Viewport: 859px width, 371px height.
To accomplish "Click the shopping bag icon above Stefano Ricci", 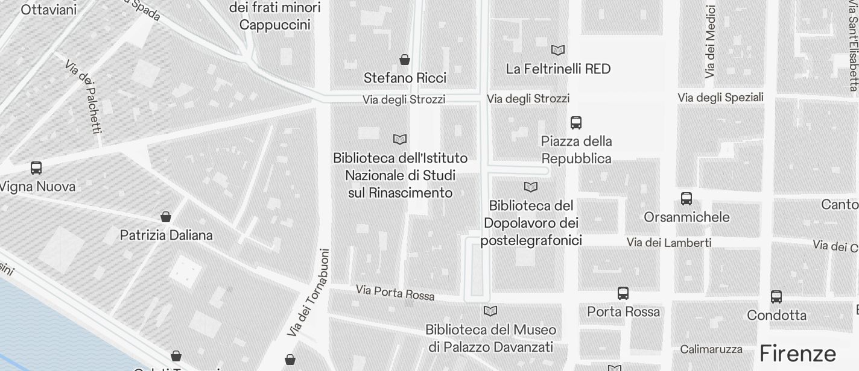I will click(x=405, y=60).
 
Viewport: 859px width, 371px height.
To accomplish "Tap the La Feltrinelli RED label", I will click(x=558, y=69).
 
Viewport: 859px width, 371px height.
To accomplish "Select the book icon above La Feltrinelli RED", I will click(x=558, y=50).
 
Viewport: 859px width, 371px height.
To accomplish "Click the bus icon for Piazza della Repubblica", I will click(x=576, y=123).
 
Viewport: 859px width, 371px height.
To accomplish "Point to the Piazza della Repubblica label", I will click(x=576, y=150).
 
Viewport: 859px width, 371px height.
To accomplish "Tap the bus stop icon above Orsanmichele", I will click(x=686, y=199).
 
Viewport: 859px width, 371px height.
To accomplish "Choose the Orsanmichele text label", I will click(x=686, y=217).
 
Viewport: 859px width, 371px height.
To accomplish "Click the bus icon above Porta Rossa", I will click(x=623, y=293).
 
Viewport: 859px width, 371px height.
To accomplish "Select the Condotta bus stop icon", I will click(x=776, y=297).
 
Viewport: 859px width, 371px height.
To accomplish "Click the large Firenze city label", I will click(x=797, y=353).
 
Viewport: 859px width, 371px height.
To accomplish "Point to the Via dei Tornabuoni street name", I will click(x=308, y=293).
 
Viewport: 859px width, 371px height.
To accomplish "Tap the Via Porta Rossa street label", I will click(x=395, y=292).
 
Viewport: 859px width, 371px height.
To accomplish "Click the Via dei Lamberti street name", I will click(x=668, y=243).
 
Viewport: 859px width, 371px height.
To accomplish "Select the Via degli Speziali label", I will click(x=720, y=98).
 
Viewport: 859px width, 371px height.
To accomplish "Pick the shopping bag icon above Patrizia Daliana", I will click(x=166, y=217).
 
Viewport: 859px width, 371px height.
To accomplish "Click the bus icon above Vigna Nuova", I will click(x=36, y=168).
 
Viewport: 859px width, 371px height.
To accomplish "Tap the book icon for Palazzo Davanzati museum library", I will click(x=490, y=311).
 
